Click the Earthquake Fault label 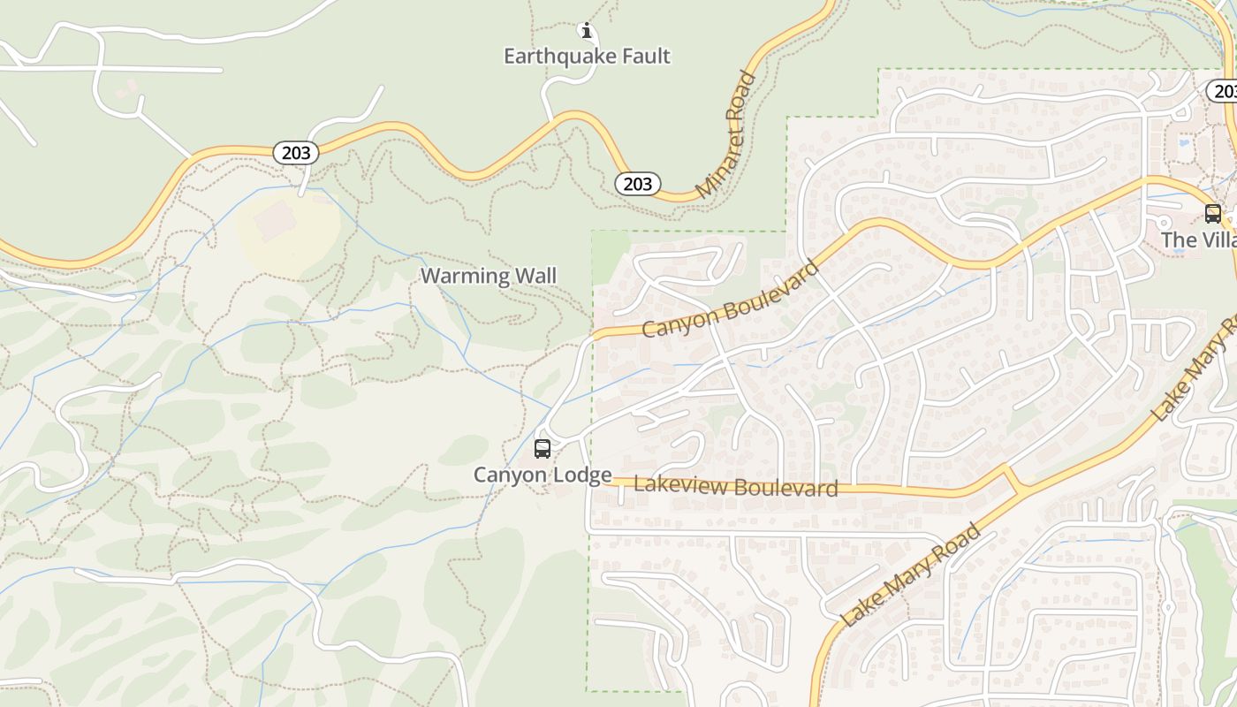pos(587,57)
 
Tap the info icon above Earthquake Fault pos(586,31)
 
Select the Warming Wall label pos(489,276)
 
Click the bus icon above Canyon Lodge pos(543,449)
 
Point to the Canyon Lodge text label pos(543,475)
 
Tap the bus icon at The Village pos(1212,213)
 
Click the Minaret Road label pos(726,135)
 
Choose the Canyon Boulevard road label pos(731,299)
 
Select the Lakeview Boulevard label pos(736,486)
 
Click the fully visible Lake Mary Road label pos(911,575)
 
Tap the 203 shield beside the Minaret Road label pos(637,184)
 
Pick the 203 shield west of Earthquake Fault pos(296,153)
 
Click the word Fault pos(643,57)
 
